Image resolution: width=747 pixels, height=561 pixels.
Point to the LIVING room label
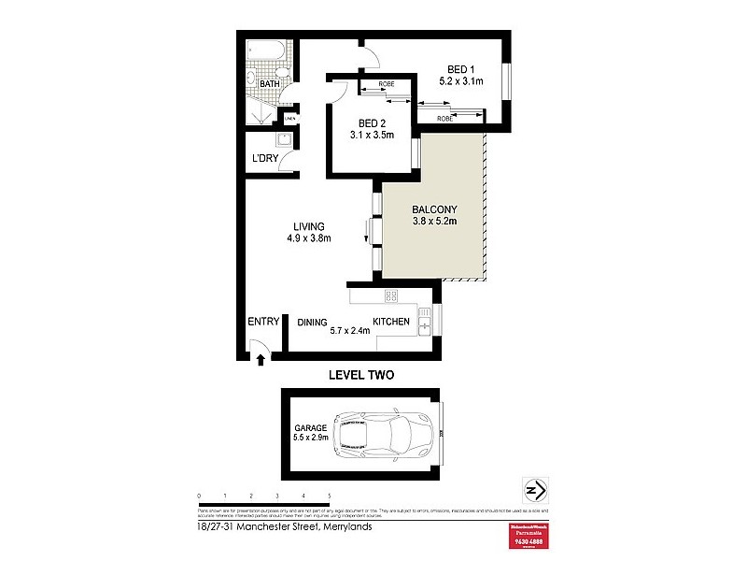308,226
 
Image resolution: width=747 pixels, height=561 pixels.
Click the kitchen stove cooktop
391,296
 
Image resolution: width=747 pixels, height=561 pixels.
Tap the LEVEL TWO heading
361,376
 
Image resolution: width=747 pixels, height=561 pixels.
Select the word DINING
312,323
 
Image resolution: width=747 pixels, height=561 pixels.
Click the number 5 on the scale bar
330,495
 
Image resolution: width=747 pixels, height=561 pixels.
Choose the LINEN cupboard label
290,119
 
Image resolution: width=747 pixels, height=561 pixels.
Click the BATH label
269,85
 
